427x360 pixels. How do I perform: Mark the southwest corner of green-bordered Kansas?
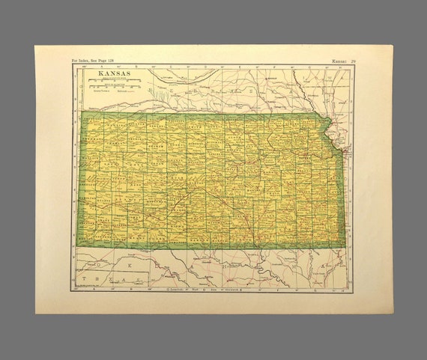pyautogui.click(x=79, y=248)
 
